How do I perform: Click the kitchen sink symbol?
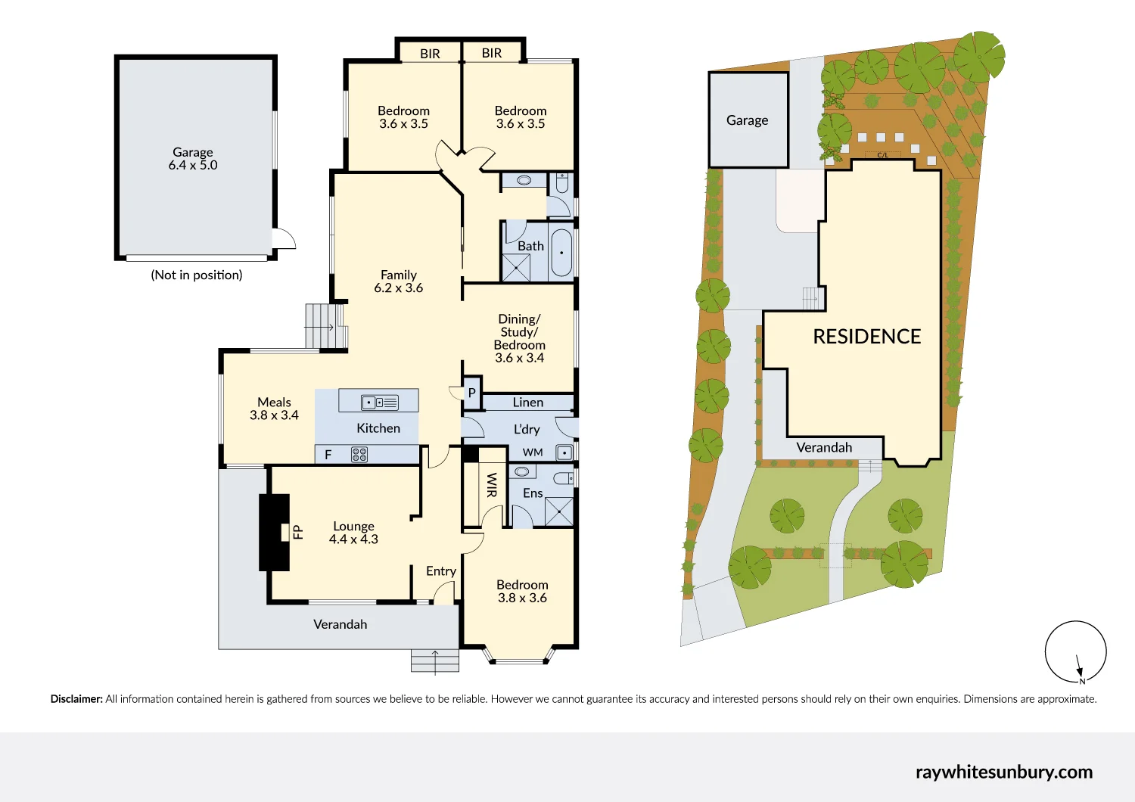click(x=380, y=403)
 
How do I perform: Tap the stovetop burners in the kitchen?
click(x=359, y=455)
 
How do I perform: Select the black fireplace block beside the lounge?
click(x=274, y=532)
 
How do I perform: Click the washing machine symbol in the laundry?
click(x=564, y=453)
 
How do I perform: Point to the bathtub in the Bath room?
click(x=561, y=253)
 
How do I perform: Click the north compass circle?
click(x=1075, y=651)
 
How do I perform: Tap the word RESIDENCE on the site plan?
click(x=866, y=337)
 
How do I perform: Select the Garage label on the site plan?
click(x=747, y=120)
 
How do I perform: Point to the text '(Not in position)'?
click(x=197, y=275)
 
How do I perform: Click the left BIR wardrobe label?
click(x=430, y=54)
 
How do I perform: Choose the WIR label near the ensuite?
click(x=492, y=485)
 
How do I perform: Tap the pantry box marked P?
click(x=471, y=393)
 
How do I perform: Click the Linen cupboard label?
click(x=527, y=403)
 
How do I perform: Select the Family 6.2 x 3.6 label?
click(x=399, y=281)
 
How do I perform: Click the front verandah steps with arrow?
click(x=435, y=661)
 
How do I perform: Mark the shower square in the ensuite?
click(x=559, y=512)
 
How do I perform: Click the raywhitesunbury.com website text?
click(x=1003, y=772)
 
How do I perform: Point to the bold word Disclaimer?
click(x=76, y=699)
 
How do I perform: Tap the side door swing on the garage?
click(x=284, y=238)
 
